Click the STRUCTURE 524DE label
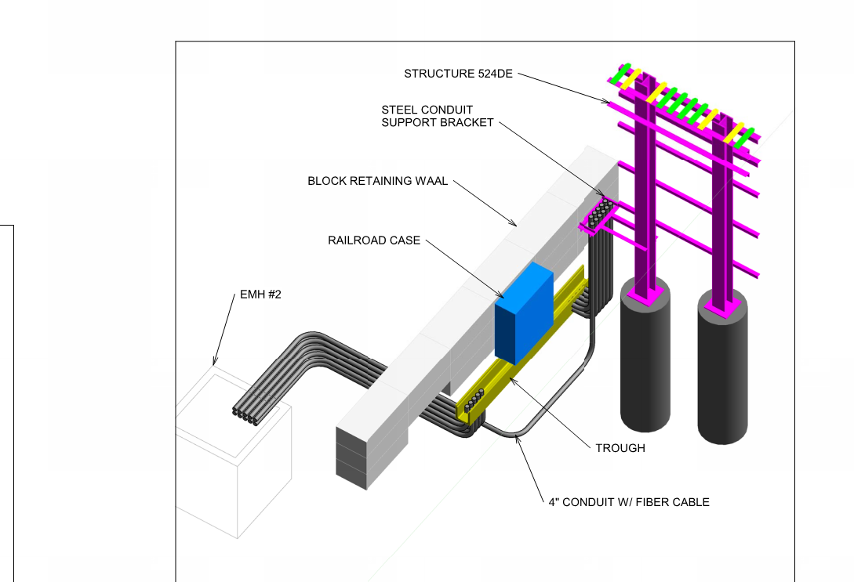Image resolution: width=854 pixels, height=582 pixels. tap(458, 74)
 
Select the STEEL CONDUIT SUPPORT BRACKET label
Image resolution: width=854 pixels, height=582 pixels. tap(438, 116)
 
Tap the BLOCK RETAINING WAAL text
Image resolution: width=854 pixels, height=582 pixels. tap(377, 181)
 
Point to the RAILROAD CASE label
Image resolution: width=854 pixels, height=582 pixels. tap(374, 240)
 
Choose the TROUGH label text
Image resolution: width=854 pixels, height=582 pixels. tap(620, 448)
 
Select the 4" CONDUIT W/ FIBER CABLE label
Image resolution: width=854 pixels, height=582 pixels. tap(629, 502)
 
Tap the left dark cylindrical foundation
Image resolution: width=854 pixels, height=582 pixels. tap(645, 360)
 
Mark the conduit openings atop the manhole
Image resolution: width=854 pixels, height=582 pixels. tap(248, 415)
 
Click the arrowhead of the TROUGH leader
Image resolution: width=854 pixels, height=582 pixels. tap(511, 379)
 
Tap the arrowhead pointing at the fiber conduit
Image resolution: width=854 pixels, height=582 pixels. tap(516, 439)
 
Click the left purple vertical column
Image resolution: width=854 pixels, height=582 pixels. tap(645, 196)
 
